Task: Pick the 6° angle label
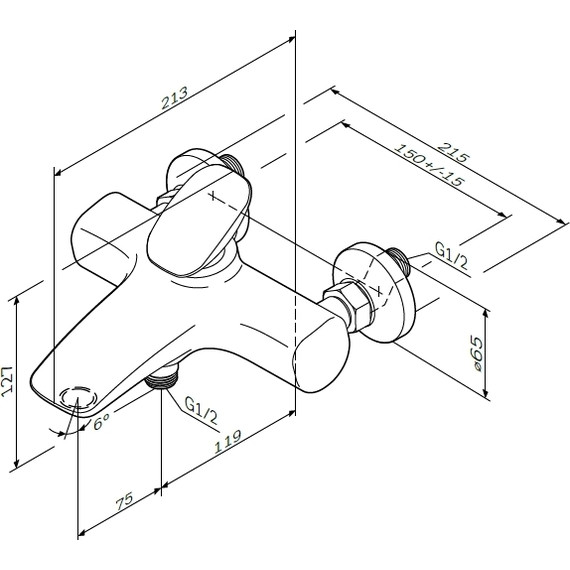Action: coord(101,425)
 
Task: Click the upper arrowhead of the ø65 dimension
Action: coord(486,311)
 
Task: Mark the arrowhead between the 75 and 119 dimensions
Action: coord(163,489)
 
